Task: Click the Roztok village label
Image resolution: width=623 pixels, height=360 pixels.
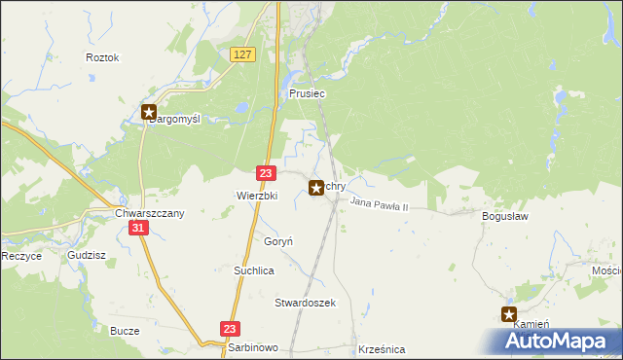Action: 102,57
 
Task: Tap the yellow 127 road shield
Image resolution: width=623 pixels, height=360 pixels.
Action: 243,55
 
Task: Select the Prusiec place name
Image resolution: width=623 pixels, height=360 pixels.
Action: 307,93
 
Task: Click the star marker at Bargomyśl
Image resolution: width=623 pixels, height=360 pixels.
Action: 149,112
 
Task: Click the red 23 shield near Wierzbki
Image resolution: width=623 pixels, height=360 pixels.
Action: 266,172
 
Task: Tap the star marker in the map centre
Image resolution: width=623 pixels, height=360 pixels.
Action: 316,188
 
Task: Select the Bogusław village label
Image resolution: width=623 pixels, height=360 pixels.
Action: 505,217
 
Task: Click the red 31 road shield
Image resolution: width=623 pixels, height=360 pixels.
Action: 139,228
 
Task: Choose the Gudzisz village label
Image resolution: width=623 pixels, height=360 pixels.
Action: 87,256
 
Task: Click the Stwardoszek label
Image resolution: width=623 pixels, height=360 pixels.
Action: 305,303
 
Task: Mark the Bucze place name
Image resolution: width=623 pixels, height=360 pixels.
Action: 126,331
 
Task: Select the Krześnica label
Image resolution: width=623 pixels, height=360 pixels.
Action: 382,348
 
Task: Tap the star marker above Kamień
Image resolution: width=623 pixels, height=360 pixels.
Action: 509,314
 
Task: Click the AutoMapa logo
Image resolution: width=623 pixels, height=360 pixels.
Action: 556,342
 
